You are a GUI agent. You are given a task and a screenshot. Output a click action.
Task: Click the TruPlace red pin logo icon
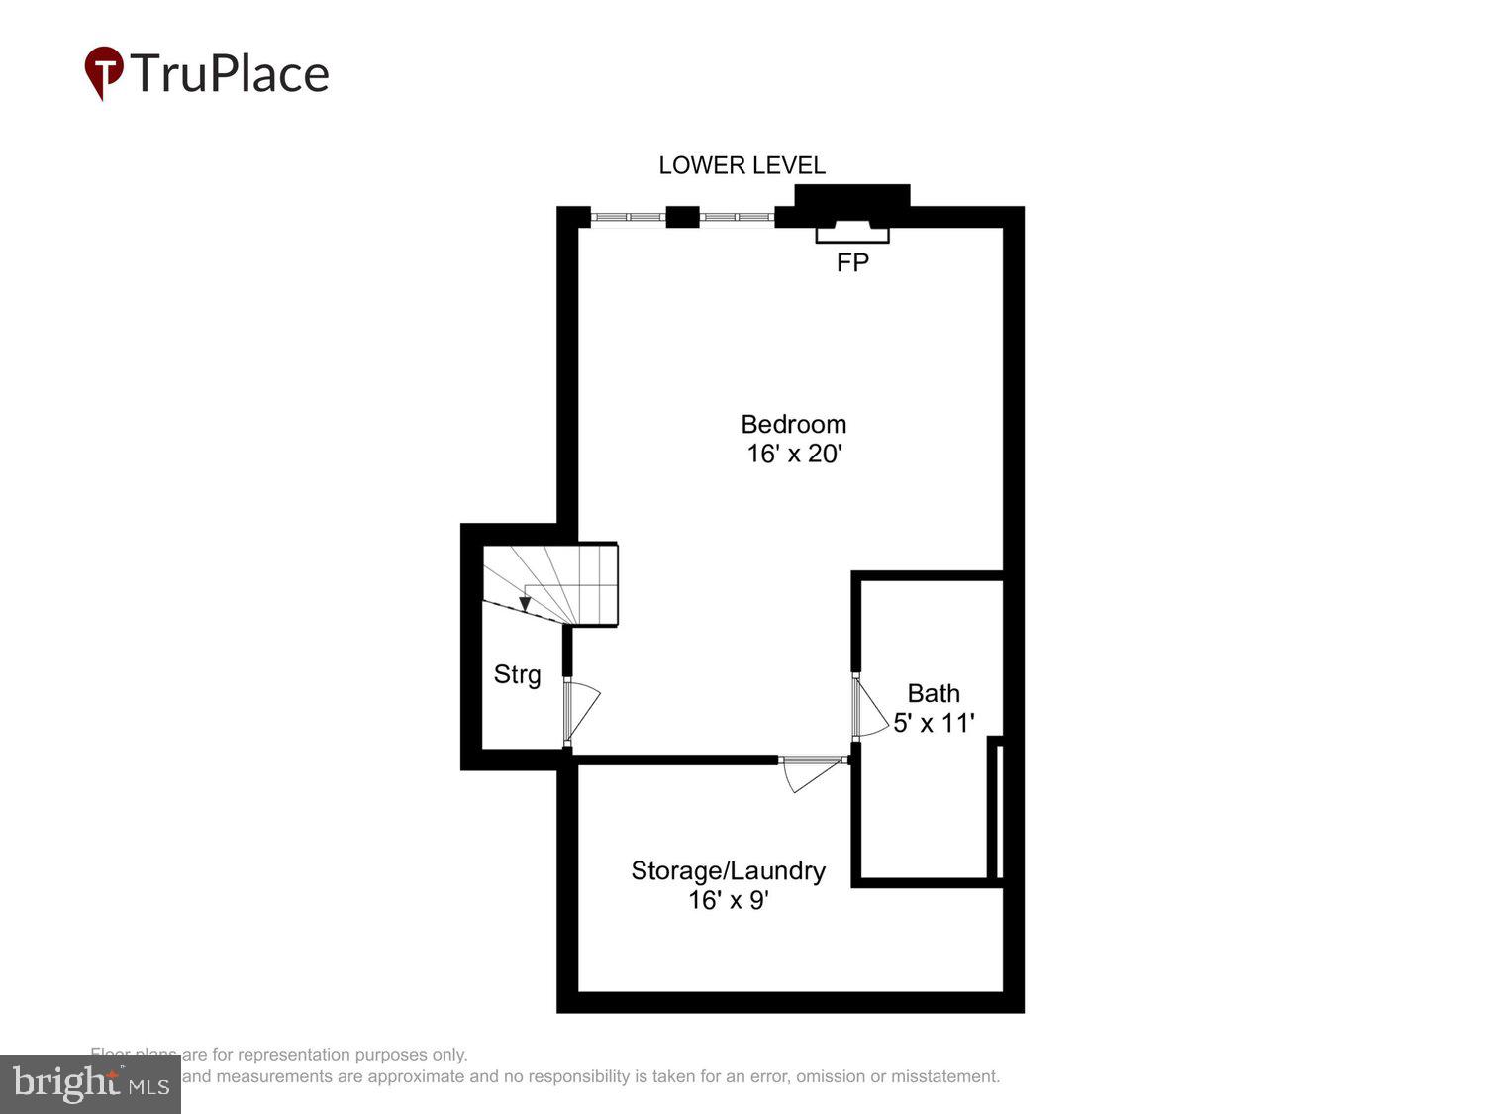coord(103,72)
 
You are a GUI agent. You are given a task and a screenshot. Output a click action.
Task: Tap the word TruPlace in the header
coord(229,74)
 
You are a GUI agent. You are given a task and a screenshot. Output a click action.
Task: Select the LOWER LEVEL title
coord(742,165)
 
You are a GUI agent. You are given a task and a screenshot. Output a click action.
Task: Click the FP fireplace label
coord(852,262)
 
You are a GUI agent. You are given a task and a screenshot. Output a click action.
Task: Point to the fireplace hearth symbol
coord(851,232)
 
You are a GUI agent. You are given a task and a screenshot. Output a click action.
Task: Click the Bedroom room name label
coord(793,424)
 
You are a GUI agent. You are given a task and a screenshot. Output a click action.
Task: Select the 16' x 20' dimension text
coord(793,454)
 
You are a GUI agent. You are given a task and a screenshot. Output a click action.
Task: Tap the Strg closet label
coord(517,674)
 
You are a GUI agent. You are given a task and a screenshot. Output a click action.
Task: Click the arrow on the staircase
coord(525,603)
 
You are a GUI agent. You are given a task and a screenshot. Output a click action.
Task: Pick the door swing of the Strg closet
coord(582,711)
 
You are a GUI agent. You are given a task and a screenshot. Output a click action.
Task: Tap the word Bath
coord(934,693)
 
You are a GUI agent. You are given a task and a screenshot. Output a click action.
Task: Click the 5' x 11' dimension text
coord(934,723)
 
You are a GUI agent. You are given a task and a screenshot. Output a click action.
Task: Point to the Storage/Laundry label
coord(728,870)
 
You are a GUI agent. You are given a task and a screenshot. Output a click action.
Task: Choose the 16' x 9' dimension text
coord(728,900)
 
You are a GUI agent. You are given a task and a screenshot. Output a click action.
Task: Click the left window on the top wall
coord(628,217)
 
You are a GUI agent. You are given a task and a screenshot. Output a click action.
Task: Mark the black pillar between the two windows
coord(682,217)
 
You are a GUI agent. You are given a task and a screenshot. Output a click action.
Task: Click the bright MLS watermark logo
coord(90,1084)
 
